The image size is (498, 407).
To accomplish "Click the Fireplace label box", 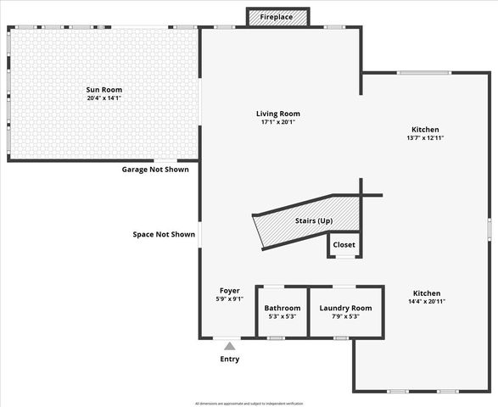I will tap(277, 17).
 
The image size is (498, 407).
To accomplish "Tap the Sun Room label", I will tap(104, 89).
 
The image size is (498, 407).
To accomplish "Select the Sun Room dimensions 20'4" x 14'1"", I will tap(104, 98).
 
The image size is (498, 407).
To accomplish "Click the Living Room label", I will tap(278, 114).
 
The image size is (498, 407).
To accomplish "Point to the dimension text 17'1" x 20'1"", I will tap(278, 122).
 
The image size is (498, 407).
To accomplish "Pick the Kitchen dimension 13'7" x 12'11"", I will tap(425, 137).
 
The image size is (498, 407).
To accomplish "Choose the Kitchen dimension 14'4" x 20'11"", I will tap(426, 301).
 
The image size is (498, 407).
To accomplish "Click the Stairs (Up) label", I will tap(314, 220).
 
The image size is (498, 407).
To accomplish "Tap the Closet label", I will tap(344, 245).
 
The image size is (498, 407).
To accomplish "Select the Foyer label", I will tap(229, 290).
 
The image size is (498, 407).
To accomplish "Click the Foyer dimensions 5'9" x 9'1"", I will tap(229, 298).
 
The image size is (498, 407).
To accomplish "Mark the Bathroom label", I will tap(282, 308).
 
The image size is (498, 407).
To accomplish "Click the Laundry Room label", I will tap(345, 308).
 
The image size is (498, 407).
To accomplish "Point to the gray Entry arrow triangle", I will tap(229, 345).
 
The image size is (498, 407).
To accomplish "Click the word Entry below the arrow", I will tap(229, 359).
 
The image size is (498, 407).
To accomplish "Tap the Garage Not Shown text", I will tap(155, 170).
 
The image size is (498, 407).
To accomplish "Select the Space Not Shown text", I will tap(164, 234).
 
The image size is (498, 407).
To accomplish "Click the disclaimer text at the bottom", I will tap(249, 403).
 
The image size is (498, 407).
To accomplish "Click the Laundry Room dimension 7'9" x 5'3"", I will tap(345, 316).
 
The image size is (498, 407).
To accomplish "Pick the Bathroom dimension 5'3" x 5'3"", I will tap(282, 316).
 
